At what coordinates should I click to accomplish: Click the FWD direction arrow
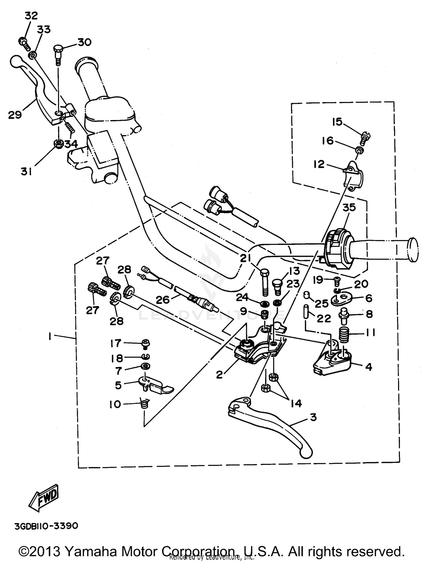(45, 498)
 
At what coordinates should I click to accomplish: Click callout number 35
(349, 208)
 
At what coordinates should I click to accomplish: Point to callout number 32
(31, 16)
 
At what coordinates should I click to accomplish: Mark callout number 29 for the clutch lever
(15, 115)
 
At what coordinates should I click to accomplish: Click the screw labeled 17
(146, 344)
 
